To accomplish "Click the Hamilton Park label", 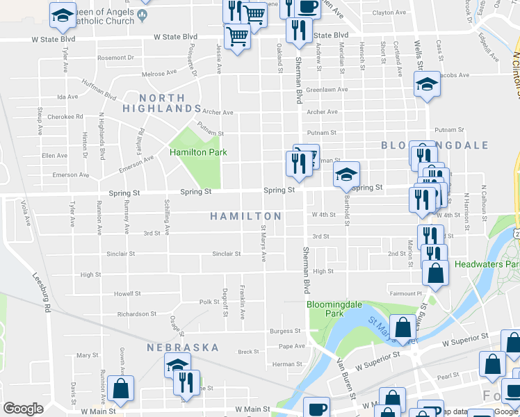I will (x=198, y=152).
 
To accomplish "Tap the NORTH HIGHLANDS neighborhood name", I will (x=163, y=104).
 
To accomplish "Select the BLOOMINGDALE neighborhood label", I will (x=434, y=145).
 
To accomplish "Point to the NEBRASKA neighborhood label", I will (x=183, y=347).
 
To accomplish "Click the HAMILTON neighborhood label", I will (x=246, y=216).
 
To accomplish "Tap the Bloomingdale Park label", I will (x=325, y=309).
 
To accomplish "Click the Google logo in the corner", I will (x=23, y=409).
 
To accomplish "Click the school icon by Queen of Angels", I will (x=63, y=15).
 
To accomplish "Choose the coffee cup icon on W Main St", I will (x=316, y=408).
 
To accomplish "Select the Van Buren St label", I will (x=347, y=383).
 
